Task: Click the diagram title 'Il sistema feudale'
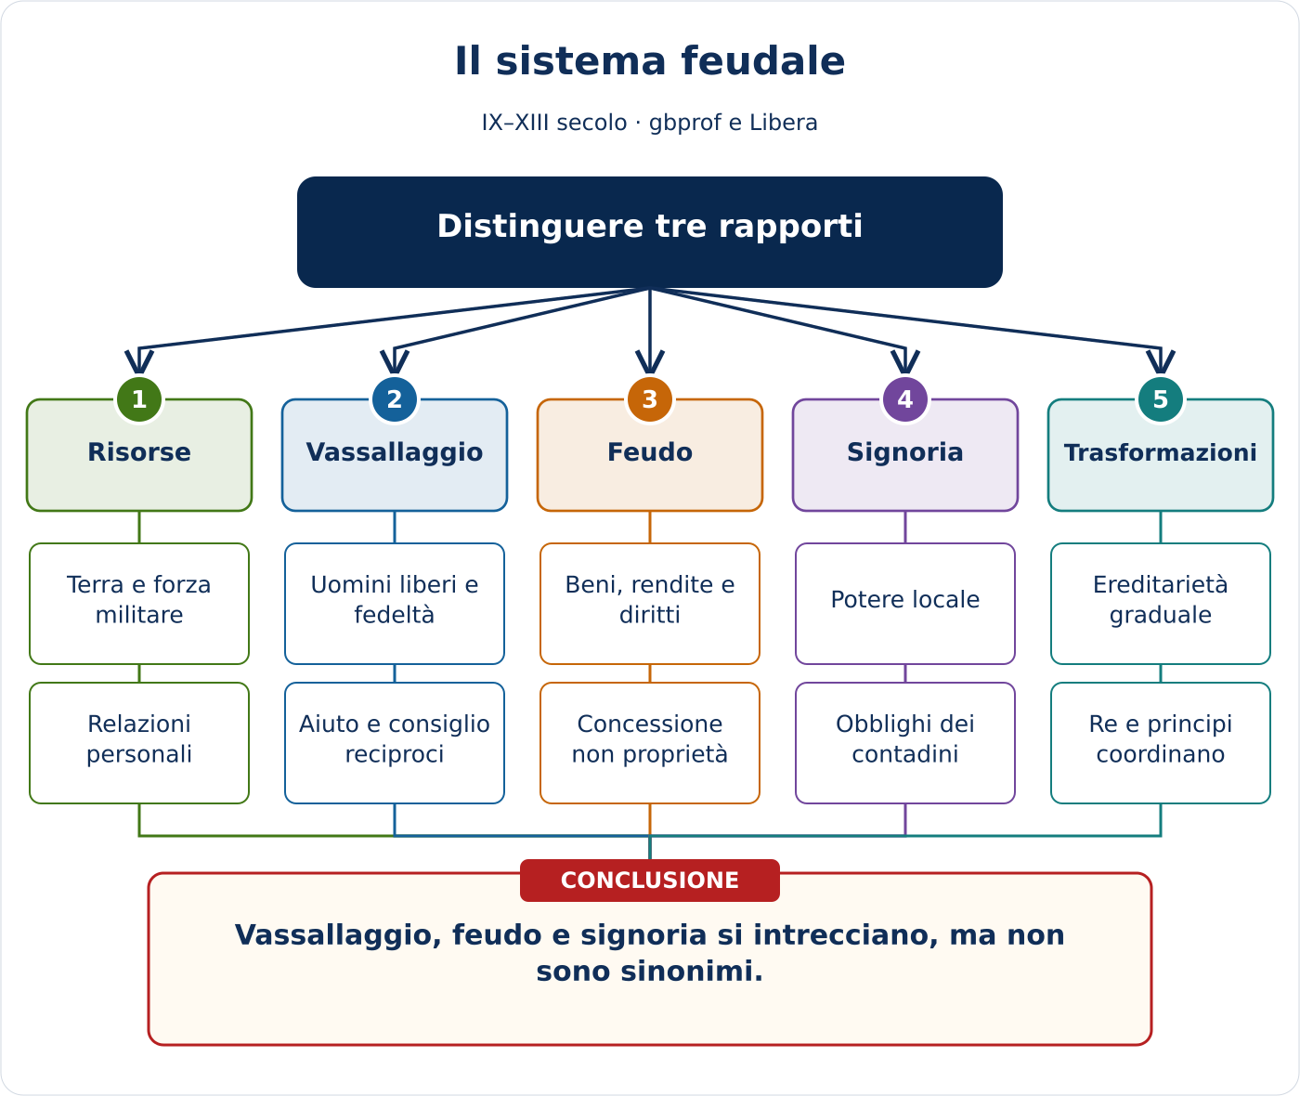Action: (x=649, y=61)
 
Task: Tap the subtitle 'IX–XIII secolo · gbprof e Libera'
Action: (x=649, y=123)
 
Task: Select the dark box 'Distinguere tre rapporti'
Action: (x=649, y=231)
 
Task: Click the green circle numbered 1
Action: (x=139, y=399)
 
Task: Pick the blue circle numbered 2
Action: (x=394, y=399)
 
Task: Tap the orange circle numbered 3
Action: (x=649, y=399)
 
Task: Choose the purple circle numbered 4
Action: (x=905, y=399)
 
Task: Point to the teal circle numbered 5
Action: (x=1161, y=399)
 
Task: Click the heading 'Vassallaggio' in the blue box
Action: (x=394, y=452)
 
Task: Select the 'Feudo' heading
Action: (x=649, y=452)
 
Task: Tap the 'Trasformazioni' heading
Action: (x=1161, y=452)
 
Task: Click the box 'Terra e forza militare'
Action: (x=139, y=604)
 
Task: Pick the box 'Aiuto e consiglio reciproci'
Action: (x=394, y=743)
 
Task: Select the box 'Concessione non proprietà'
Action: (x=649, y=743)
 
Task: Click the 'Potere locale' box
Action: (x=905, y=604)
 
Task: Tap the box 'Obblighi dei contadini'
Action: (x=905, y=743)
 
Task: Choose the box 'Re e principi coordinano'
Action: (x=1161, y=743)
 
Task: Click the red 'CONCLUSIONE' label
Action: (x=649, y=881)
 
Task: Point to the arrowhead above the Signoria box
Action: (x=905, y=362)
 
